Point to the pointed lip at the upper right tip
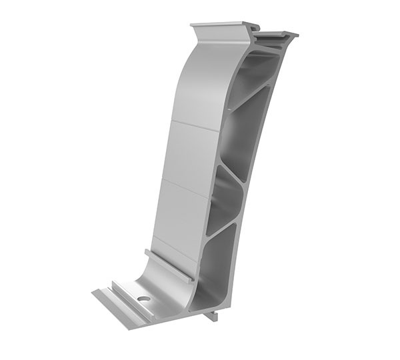[294, 34]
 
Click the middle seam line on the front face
[183, 184]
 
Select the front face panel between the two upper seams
[190, 153]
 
